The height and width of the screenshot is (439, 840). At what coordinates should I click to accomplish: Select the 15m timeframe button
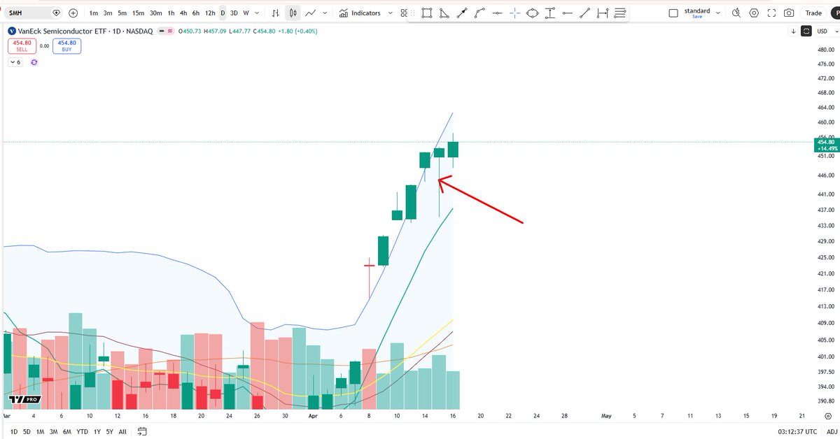139,13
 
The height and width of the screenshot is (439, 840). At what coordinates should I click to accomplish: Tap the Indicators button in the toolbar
360,13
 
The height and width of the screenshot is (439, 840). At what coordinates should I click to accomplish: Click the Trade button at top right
813,13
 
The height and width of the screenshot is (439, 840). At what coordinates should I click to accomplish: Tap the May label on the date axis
606,415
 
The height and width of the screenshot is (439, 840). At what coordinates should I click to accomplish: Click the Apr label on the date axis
313,415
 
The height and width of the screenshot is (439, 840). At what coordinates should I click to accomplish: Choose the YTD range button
83,432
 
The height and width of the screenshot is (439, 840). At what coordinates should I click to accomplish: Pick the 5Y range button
110,432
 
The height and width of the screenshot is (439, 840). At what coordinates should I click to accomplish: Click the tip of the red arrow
439,180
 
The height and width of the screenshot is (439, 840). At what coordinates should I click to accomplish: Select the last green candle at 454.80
453,150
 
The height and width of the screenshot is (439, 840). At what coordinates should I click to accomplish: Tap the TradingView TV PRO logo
24,400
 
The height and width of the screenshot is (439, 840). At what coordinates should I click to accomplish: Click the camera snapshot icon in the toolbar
789,13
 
